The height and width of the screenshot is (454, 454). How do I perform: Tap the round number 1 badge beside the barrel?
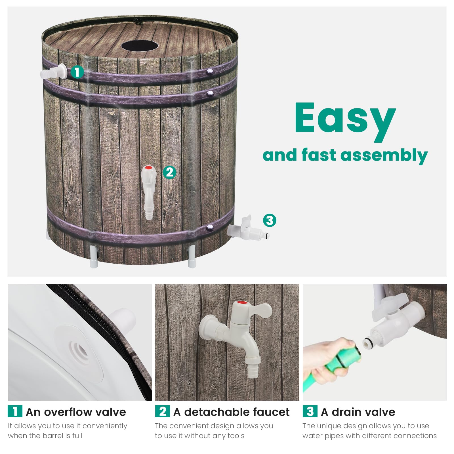click(x=77, y=72)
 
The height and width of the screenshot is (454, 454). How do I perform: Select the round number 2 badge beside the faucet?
click(x=169, y=172)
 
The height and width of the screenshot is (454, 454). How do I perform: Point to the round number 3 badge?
click(x=270, y=220)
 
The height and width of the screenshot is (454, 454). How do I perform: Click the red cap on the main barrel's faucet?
click(x=148, y=167)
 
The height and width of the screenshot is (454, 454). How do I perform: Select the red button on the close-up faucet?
click(x=242, y=303)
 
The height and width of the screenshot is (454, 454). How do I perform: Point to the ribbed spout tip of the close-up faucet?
click(x=253, y=370)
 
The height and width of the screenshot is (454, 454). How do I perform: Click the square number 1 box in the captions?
click(x=15, y=411)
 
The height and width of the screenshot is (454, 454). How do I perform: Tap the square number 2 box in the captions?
click(x=162, y=411)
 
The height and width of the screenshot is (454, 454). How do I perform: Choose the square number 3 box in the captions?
click(x=310, y=411)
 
